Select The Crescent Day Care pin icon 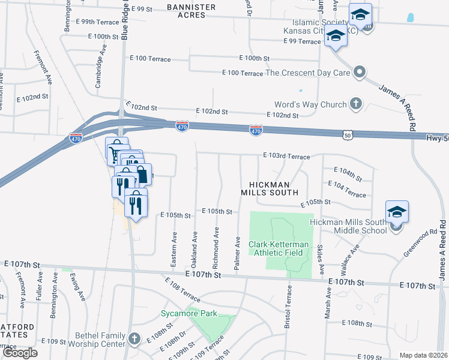[360, 73]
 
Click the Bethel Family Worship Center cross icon [133, 338]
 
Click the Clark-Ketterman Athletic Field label [279, 248]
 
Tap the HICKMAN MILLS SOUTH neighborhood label [270, 188]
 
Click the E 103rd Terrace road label [286, 156]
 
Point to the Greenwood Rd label [420, 242]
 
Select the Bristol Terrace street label [289, 308]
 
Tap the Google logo [20, 352]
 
